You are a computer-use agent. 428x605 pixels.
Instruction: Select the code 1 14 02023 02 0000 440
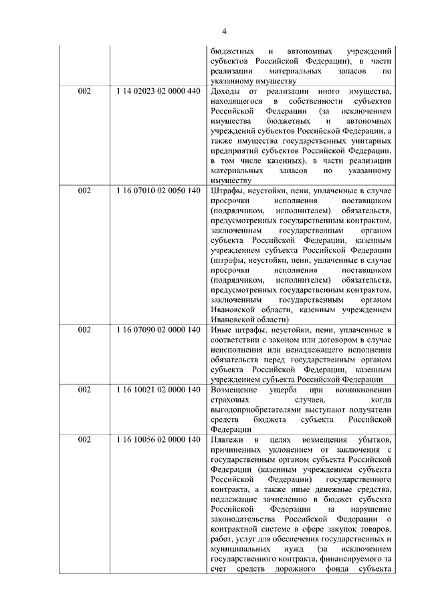tap(158, 91)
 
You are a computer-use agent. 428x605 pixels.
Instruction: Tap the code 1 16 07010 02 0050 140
tap(158, 191)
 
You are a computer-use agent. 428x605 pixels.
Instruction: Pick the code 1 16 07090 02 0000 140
tap(158, 330)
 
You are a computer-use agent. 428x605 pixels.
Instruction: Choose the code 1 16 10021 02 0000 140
tap(158, 389)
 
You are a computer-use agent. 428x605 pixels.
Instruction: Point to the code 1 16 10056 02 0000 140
tap(158, 439)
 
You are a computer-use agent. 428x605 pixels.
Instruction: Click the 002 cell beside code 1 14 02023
tap(84, 91)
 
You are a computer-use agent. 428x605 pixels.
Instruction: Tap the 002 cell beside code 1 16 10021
tap(84, 389)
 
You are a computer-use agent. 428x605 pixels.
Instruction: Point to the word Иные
tap(220, 330)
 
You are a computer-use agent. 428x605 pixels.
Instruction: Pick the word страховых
tap(229, 399)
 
